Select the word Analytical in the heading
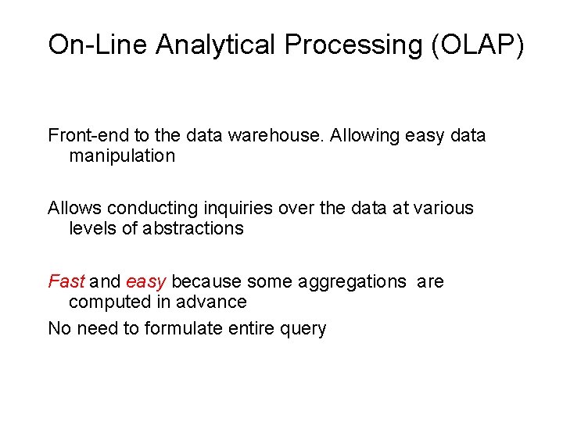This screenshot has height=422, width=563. point(217,45)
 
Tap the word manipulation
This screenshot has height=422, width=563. point(122,156)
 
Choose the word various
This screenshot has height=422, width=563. point(444,209)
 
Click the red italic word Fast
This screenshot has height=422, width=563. point(66,281)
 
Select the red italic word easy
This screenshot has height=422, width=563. point(145,281)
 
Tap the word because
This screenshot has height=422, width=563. point(206,281)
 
